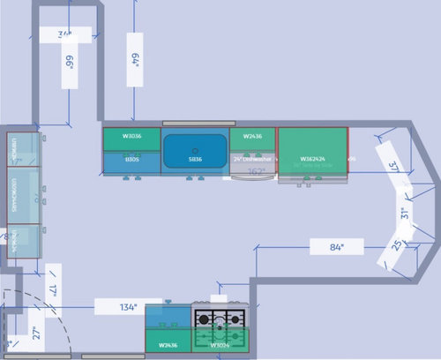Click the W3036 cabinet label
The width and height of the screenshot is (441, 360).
point(131,137)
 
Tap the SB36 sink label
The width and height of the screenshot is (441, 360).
point(195,161)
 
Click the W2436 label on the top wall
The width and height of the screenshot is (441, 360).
point(252,137)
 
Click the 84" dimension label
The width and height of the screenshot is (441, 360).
point(336,248)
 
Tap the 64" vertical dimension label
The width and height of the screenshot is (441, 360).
point(135,60)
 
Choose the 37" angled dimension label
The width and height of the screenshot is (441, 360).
point(392,167)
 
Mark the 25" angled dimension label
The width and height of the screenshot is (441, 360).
point(397,246)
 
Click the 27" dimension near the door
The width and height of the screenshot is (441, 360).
point(36,332)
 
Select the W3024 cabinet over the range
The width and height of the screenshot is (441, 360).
point(220,347)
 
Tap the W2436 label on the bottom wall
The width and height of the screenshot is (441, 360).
point(168,347)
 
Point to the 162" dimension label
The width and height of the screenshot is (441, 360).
point(256,172)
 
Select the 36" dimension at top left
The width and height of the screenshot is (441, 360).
point(64,35)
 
